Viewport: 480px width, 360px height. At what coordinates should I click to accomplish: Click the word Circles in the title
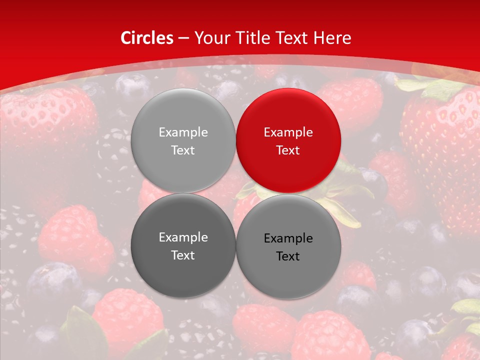[x=146, y=38]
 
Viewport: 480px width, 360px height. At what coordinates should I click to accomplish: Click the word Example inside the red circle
[x=288, y=132]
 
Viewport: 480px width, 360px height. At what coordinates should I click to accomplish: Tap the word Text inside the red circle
[x=288, y=150]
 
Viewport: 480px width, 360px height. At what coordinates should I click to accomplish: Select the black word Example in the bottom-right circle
[x=288, y=238]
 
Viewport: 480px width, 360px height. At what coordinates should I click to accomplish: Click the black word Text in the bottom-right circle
[x=288, y=256]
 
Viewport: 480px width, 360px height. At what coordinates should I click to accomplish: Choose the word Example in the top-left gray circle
[x=183, y=132]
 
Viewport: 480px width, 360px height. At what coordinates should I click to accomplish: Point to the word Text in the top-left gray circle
[x=183, y=150]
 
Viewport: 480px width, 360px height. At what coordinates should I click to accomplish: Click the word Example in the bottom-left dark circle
[x=183, y=237]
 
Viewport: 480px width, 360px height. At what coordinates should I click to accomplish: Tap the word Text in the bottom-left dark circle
[x=183, y=255]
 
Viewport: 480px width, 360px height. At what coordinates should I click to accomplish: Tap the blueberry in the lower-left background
[x=52, y=282]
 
